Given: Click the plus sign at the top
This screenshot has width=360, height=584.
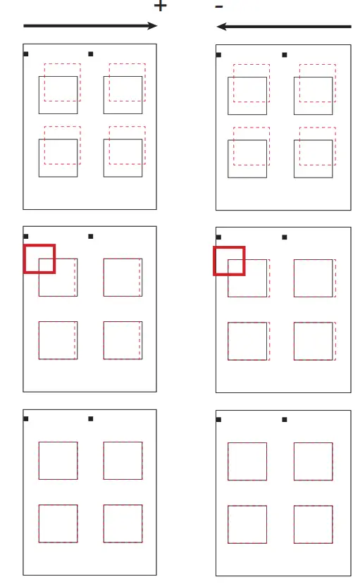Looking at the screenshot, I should pyautogui.click(x=161, y=6).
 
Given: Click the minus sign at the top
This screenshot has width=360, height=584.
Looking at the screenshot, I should pyautogui.click(x=219, y=6).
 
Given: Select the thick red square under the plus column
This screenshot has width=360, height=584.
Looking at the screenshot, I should pyautogui.click(x=39, y=258).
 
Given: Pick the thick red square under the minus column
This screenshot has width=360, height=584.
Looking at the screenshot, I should pyautogui.click(x=229, y=261).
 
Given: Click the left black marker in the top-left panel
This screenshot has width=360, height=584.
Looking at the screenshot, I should pyautogui.click(x=26, y=54).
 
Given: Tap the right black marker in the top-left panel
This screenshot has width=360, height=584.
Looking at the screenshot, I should pyautogui.click(x=91, y=54).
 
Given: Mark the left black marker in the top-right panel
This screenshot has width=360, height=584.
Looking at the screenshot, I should pyautogui.click(x=218, y=54).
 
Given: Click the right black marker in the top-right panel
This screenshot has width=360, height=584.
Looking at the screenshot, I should pyautogui.click(x=285, y=54).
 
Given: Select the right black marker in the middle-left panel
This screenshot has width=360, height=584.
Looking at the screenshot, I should pyautogui.click(x=91, y=236).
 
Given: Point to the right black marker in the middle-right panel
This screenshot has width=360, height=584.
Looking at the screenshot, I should pyautogui.click(x=285, y=237).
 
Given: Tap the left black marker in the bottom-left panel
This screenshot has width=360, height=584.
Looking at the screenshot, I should pyautogui.click(x=26, y=419).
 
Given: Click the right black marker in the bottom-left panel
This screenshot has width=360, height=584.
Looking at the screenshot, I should pyautogui.click(x=91, y=419).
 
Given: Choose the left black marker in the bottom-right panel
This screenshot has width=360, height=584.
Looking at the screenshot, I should pyautogui.click(x=218, y=420).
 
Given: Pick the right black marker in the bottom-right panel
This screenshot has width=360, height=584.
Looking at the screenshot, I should pyautogui.click(x=285, y=420).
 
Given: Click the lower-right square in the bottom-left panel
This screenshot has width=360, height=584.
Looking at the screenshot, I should pyautogui.click(x=123, y=523).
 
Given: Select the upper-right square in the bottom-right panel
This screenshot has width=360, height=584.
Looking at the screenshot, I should pyautogui.click(x=313, y=461).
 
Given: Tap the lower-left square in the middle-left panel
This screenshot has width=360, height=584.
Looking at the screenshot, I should pyautogui.click(x=58, y=340).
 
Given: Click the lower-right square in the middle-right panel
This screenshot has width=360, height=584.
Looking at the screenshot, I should pyautogui.click(x=313, y=341).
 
